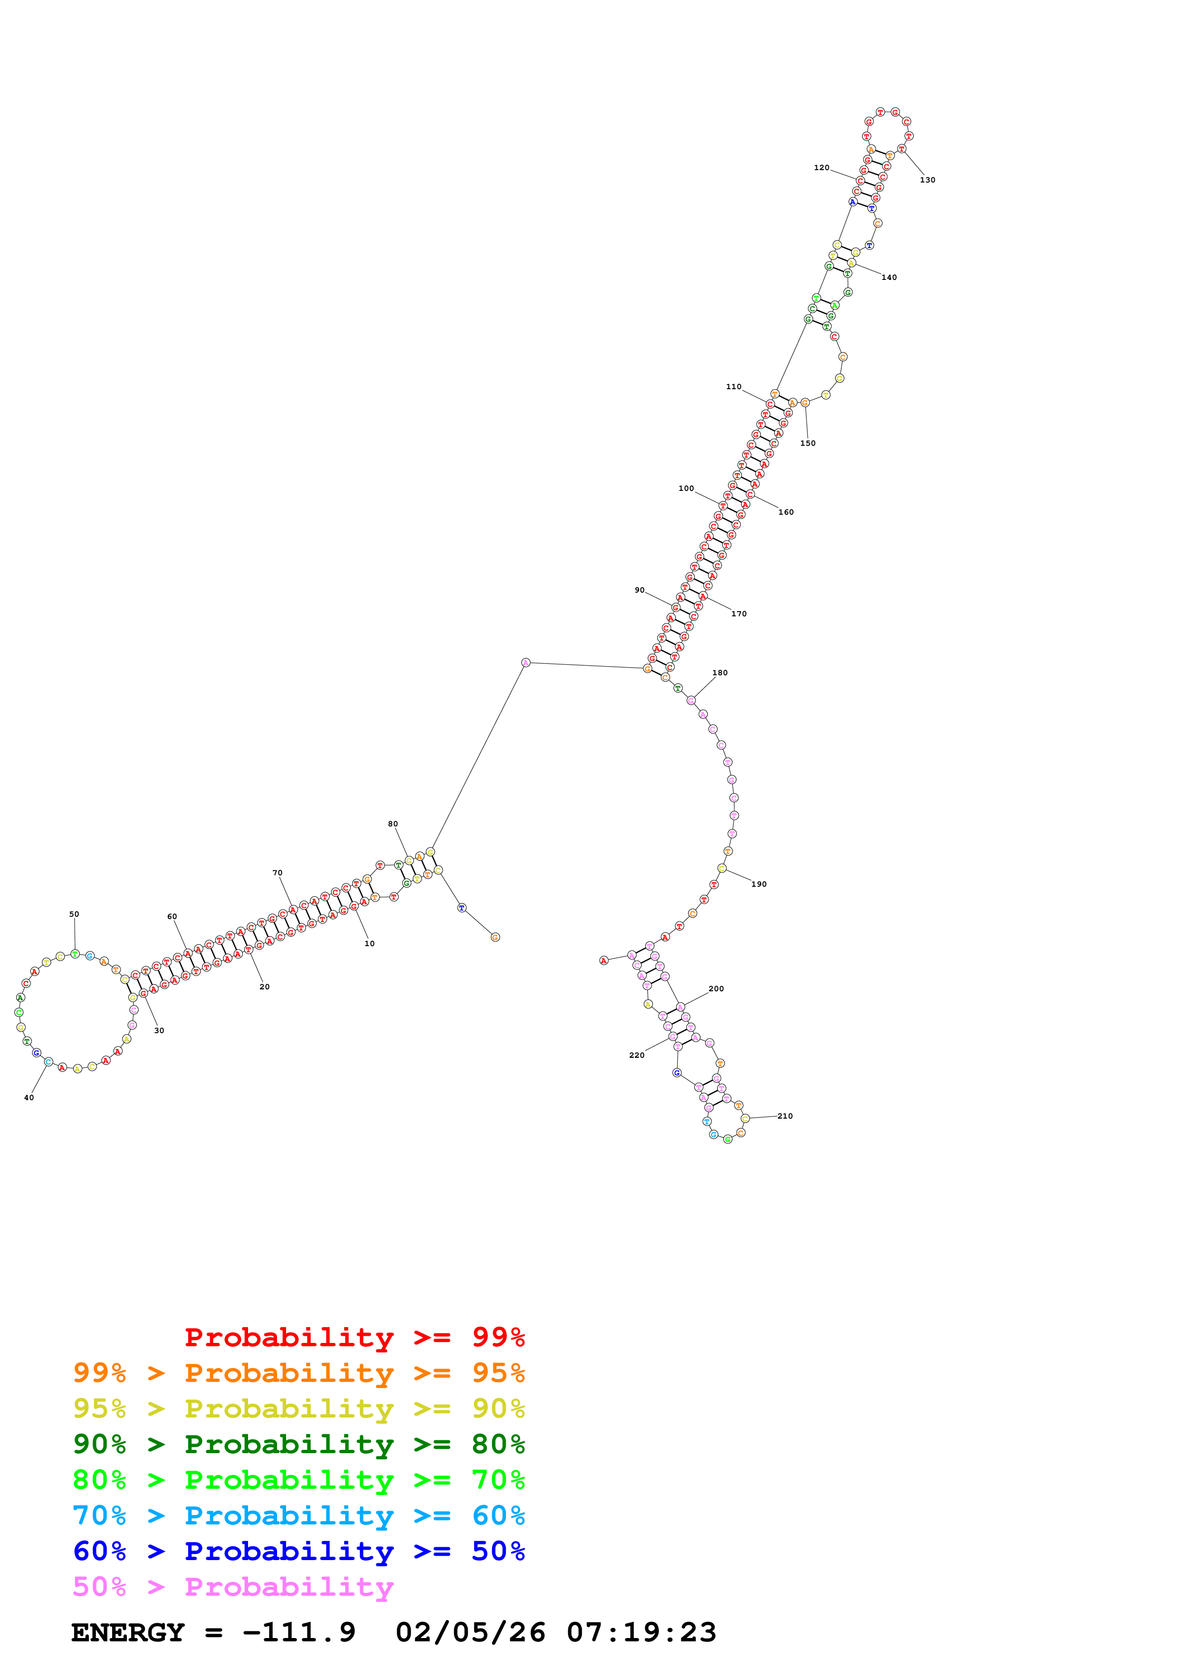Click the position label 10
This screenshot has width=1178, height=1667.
[x=369, y=943]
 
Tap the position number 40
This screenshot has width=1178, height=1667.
[x=29, y=1097]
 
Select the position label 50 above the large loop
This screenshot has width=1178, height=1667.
[x=74, y=914]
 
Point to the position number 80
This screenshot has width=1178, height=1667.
[x=393, y=824]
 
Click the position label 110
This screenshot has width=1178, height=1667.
[x=734, y=387]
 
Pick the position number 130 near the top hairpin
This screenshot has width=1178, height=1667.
[x=928, y=180]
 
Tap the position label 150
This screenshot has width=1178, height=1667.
[x=808, y=443]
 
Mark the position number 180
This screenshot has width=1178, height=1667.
[x=720, y=672]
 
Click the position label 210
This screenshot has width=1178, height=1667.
[x=785, y=1116]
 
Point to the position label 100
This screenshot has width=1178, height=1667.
[x=686, y=489]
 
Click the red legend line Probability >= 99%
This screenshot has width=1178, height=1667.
[x=354, y=1337]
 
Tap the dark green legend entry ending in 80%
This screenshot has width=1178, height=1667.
[x=299, y=1444]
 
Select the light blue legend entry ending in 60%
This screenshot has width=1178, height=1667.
[x=299, y=1515]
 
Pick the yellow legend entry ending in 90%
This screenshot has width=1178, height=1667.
[x=299, y=1408]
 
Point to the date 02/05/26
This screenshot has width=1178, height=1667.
[x=470, y=1632]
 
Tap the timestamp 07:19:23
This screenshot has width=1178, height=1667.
[x=642, y=1632]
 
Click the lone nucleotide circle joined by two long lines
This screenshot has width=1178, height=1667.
[x=526, y=662]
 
